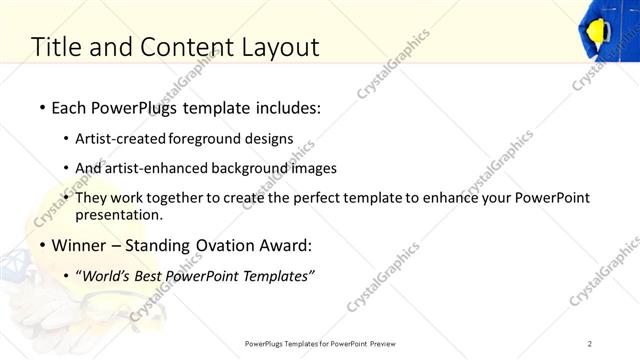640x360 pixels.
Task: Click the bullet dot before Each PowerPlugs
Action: [41, 107]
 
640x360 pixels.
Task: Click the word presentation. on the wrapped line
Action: [119, 215]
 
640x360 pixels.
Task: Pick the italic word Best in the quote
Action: [151, 277]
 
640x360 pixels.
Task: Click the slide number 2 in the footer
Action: [590, 344]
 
